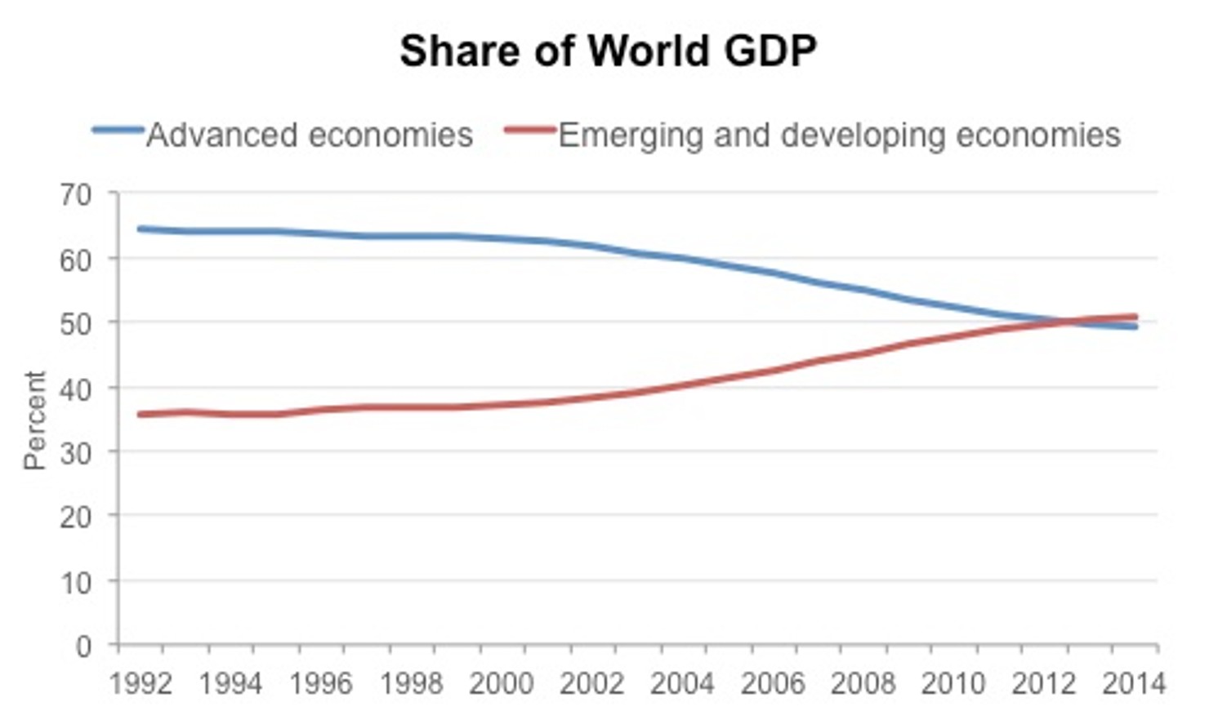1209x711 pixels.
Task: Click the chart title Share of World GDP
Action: [608, 51]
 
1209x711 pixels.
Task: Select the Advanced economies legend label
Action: [310, 135]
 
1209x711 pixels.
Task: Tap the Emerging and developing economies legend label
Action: [839, 135]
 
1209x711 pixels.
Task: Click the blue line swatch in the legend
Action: [118, 130]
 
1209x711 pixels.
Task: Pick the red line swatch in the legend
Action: [529, 130]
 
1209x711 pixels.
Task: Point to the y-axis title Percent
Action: [34, 420]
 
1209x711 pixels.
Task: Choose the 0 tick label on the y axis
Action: [83, 647]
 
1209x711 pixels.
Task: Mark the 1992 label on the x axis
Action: [141, 683]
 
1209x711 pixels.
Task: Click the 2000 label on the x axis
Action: [502, 683]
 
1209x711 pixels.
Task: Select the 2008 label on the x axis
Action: [863, 683]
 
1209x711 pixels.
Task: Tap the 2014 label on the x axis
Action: [1134, 683]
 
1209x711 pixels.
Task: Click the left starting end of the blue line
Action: [141, 229]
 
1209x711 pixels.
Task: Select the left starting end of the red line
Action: [141, 415]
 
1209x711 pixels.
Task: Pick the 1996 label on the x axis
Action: [321, 683]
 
